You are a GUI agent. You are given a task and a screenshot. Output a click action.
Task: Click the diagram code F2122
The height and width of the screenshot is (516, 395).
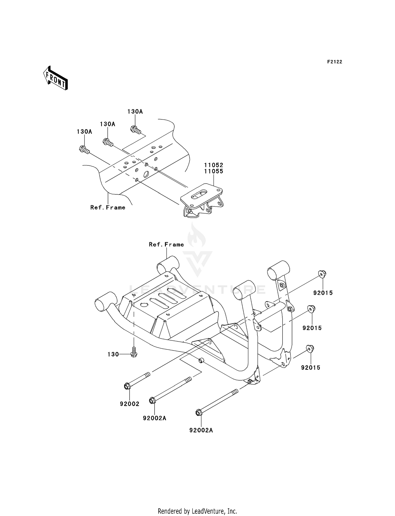point(334,62)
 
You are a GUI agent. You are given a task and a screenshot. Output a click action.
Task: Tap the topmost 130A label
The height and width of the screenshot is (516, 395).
point(135,112)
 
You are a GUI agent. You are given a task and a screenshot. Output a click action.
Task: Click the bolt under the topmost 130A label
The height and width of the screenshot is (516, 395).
point(135,130)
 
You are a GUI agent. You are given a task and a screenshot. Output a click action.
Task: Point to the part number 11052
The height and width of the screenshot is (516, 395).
point(214,165)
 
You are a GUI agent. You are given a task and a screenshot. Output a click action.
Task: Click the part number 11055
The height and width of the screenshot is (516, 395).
point(214,171)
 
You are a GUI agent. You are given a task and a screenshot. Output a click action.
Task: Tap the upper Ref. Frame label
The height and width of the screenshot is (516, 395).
point(108,208)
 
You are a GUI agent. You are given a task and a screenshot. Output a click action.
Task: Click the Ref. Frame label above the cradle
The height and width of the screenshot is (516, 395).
point(166,245)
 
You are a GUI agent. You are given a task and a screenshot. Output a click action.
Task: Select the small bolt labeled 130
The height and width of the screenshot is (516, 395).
point(134,353)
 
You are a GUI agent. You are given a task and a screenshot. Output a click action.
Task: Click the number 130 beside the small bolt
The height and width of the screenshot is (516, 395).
point(113,355)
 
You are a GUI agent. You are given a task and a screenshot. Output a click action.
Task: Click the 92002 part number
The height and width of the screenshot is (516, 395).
point(130,404)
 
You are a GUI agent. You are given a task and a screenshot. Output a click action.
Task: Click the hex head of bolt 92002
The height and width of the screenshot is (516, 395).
point(127,387)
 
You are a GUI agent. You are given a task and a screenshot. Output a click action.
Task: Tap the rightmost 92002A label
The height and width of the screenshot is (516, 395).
point(201,431)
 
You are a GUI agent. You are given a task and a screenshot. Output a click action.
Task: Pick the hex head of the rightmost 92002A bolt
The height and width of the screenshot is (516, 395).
point(199,413)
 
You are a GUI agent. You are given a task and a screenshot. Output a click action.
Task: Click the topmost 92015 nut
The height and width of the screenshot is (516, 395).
point(322,274)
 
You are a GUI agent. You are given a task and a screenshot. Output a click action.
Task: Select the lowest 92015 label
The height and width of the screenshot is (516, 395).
point(311,368)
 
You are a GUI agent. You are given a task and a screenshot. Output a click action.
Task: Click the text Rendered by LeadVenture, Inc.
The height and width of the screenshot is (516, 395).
point(197,511)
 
